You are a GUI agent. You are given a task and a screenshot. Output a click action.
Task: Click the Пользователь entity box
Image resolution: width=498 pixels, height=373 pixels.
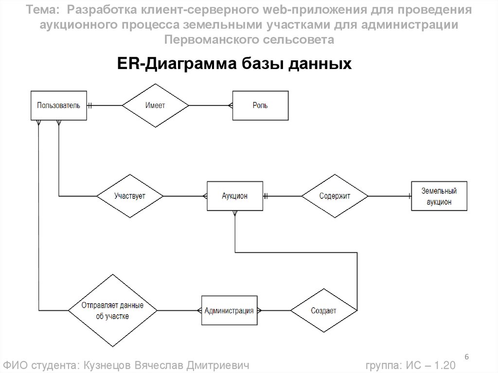point(58,105)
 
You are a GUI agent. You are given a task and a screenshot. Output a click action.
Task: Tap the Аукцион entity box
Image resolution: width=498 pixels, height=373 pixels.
point(235,196)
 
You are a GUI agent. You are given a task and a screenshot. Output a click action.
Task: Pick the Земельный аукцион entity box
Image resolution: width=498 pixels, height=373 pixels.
point(434,196)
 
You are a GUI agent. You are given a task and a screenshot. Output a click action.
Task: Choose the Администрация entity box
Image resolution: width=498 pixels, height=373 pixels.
point(229,310)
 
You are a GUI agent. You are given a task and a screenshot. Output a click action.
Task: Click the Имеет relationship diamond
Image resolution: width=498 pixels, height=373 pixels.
point(155,105)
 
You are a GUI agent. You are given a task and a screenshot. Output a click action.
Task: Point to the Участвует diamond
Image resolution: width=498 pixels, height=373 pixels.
point(130,196)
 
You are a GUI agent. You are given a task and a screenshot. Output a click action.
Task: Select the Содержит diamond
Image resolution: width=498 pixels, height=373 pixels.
point(335,196)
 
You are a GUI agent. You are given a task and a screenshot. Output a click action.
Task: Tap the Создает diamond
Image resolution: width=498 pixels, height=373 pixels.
point(324,310)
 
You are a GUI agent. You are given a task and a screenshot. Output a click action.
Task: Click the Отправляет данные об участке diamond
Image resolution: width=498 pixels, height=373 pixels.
point(112,310)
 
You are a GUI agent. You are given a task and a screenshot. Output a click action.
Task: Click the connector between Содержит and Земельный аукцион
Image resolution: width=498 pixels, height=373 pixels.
point(390,196)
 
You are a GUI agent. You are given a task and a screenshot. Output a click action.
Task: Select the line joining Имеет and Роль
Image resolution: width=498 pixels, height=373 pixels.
point(211,105)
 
